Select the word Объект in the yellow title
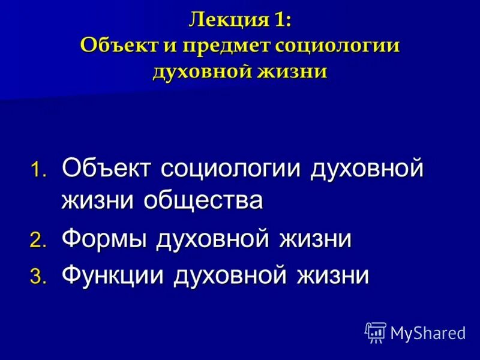114,47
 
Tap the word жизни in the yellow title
295,71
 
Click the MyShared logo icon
375,332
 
